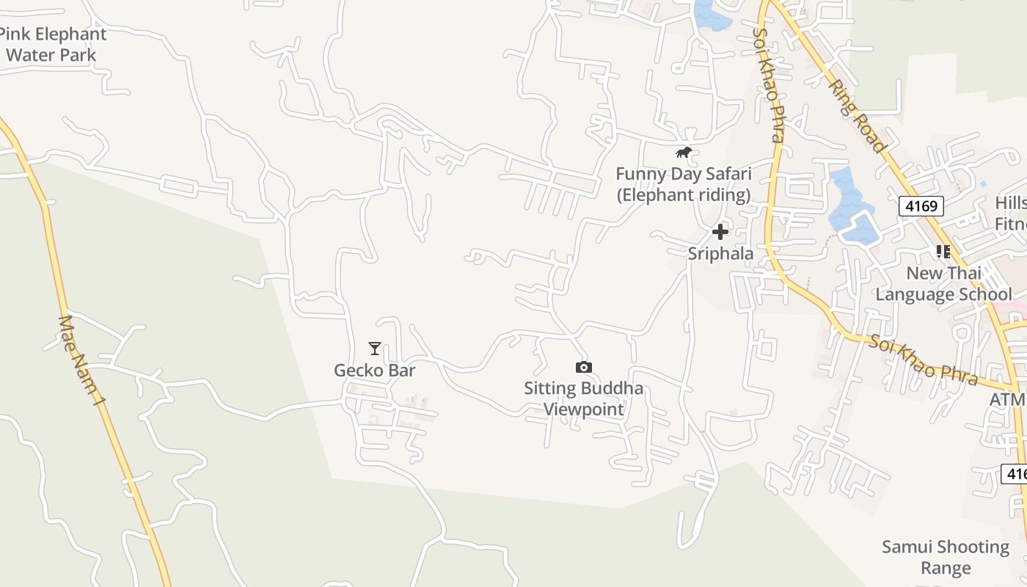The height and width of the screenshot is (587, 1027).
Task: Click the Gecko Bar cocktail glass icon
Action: (375, 349)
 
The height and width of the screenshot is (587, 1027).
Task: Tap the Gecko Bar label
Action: (374, 371)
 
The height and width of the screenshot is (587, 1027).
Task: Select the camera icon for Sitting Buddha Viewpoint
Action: (583, 367)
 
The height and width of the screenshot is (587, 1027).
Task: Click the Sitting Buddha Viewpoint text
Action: (583, 398)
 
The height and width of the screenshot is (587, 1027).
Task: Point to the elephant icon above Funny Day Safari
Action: (684, 153)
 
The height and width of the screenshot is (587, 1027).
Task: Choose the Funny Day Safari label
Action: (683, 184)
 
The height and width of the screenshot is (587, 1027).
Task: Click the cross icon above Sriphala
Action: (720, 232)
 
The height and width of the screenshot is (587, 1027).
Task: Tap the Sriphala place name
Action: (720, 254)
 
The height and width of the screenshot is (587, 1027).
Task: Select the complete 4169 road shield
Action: (921, 206)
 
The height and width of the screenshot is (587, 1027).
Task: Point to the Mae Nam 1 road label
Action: (78, 360)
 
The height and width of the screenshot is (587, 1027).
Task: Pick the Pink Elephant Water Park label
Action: (51, 44)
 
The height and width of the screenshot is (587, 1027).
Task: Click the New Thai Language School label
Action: (943, 284)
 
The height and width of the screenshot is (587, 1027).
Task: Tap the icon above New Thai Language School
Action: (943, 252)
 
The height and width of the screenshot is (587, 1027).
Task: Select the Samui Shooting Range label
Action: (946, 557)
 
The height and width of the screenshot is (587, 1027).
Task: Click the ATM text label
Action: (1006, 400)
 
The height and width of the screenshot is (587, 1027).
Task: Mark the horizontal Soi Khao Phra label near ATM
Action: (924, 360)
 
